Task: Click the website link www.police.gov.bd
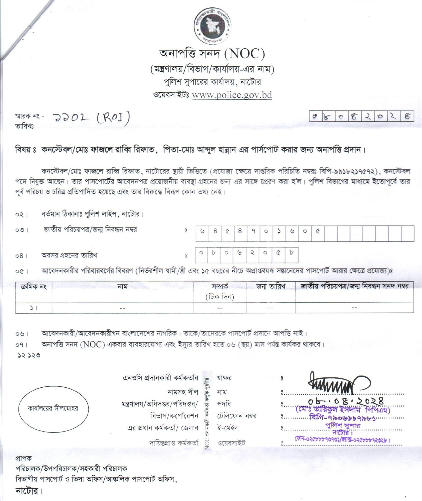pyautogui.click(x=232, y=95)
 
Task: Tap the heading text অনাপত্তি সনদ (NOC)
pyautogui.click(x=212, y=54)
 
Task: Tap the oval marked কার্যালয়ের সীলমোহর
pyautogui.click(x=53, y=408)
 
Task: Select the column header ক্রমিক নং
pyautogui.click(x=34, y=287)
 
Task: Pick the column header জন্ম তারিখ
pyautogui.click(x=271, y=287)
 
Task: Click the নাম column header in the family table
pyautogui.click(x=123, y=287)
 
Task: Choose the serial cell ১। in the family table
pyautogui.click(x=33, y=308)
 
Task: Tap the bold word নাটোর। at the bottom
pyautogui.click(x=29, y=491)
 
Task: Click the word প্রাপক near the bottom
pyautogui.click(x=24, y=458)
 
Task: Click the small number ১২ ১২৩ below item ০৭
pyautogui.click(x=29, y=355)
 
